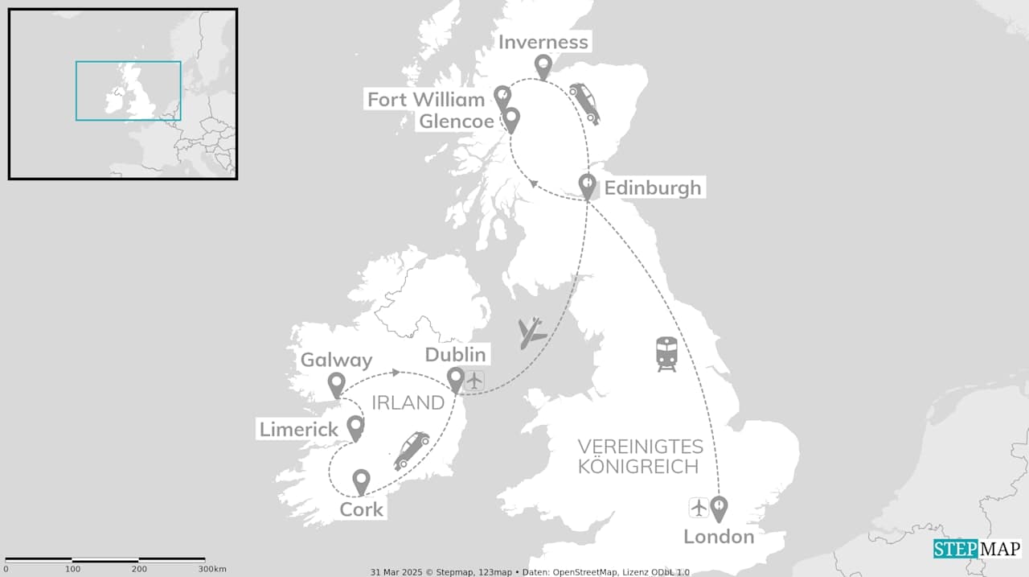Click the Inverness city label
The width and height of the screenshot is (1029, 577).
pos(543,42)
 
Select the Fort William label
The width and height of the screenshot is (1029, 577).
pos(426,100)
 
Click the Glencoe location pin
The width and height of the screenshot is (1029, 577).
pos(510,120)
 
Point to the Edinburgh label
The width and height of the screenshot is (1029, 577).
pos(653,188)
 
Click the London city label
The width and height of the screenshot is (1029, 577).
pos(719,537)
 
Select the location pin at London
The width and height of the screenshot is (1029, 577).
pos(719,508)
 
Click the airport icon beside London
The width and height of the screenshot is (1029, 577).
pos(699,508)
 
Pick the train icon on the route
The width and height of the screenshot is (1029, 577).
pos(666,354)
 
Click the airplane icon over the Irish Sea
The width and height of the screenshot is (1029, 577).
pos(531,332)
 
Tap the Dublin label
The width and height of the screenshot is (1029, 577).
pos(455,355)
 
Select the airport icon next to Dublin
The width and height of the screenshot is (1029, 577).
pos(475,379)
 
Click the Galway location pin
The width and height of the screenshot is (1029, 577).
pos(337,384)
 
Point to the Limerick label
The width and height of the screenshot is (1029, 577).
pos(298,430)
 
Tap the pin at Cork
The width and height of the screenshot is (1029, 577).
pos(361,481)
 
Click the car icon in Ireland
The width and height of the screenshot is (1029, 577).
pos(411,450)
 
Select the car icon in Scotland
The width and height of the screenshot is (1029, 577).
pos(584,103)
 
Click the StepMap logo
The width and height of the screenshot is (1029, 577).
pos(977,549)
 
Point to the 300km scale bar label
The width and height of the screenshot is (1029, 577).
pos(211,569)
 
